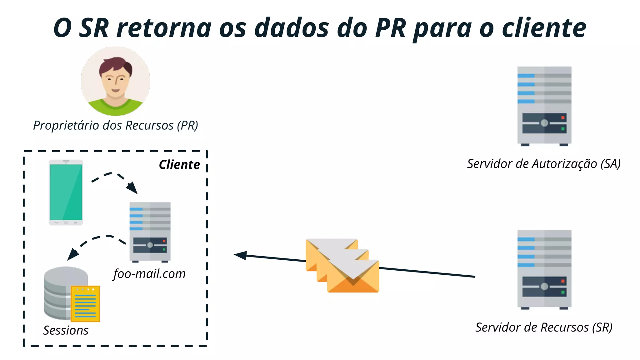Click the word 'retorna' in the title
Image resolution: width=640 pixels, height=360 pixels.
[x=164, y=28]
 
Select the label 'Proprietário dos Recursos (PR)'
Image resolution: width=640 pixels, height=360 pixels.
[x=116, y=126]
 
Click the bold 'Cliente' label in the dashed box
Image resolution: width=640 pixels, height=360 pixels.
[x=179, y=165]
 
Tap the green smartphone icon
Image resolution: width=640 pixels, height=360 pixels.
[x=66, y=192]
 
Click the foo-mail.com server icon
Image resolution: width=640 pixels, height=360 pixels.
[x=150, y=232]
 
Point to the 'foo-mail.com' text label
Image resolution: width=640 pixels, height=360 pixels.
[x=149, y=274]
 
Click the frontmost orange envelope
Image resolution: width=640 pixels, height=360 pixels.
[x=353, y=277]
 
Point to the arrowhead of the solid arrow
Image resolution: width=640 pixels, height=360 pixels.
[x=240, y=255]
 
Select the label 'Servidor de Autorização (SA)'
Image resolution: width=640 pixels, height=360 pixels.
[x=544, y=164]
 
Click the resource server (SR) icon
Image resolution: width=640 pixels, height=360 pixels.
[x=544, y=269]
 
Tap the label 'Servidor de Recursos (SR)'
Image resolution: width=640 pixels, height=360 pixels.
[x=544, y=327]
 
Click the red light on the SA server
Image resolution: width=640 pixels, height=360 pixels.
[x=563, y=118]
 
